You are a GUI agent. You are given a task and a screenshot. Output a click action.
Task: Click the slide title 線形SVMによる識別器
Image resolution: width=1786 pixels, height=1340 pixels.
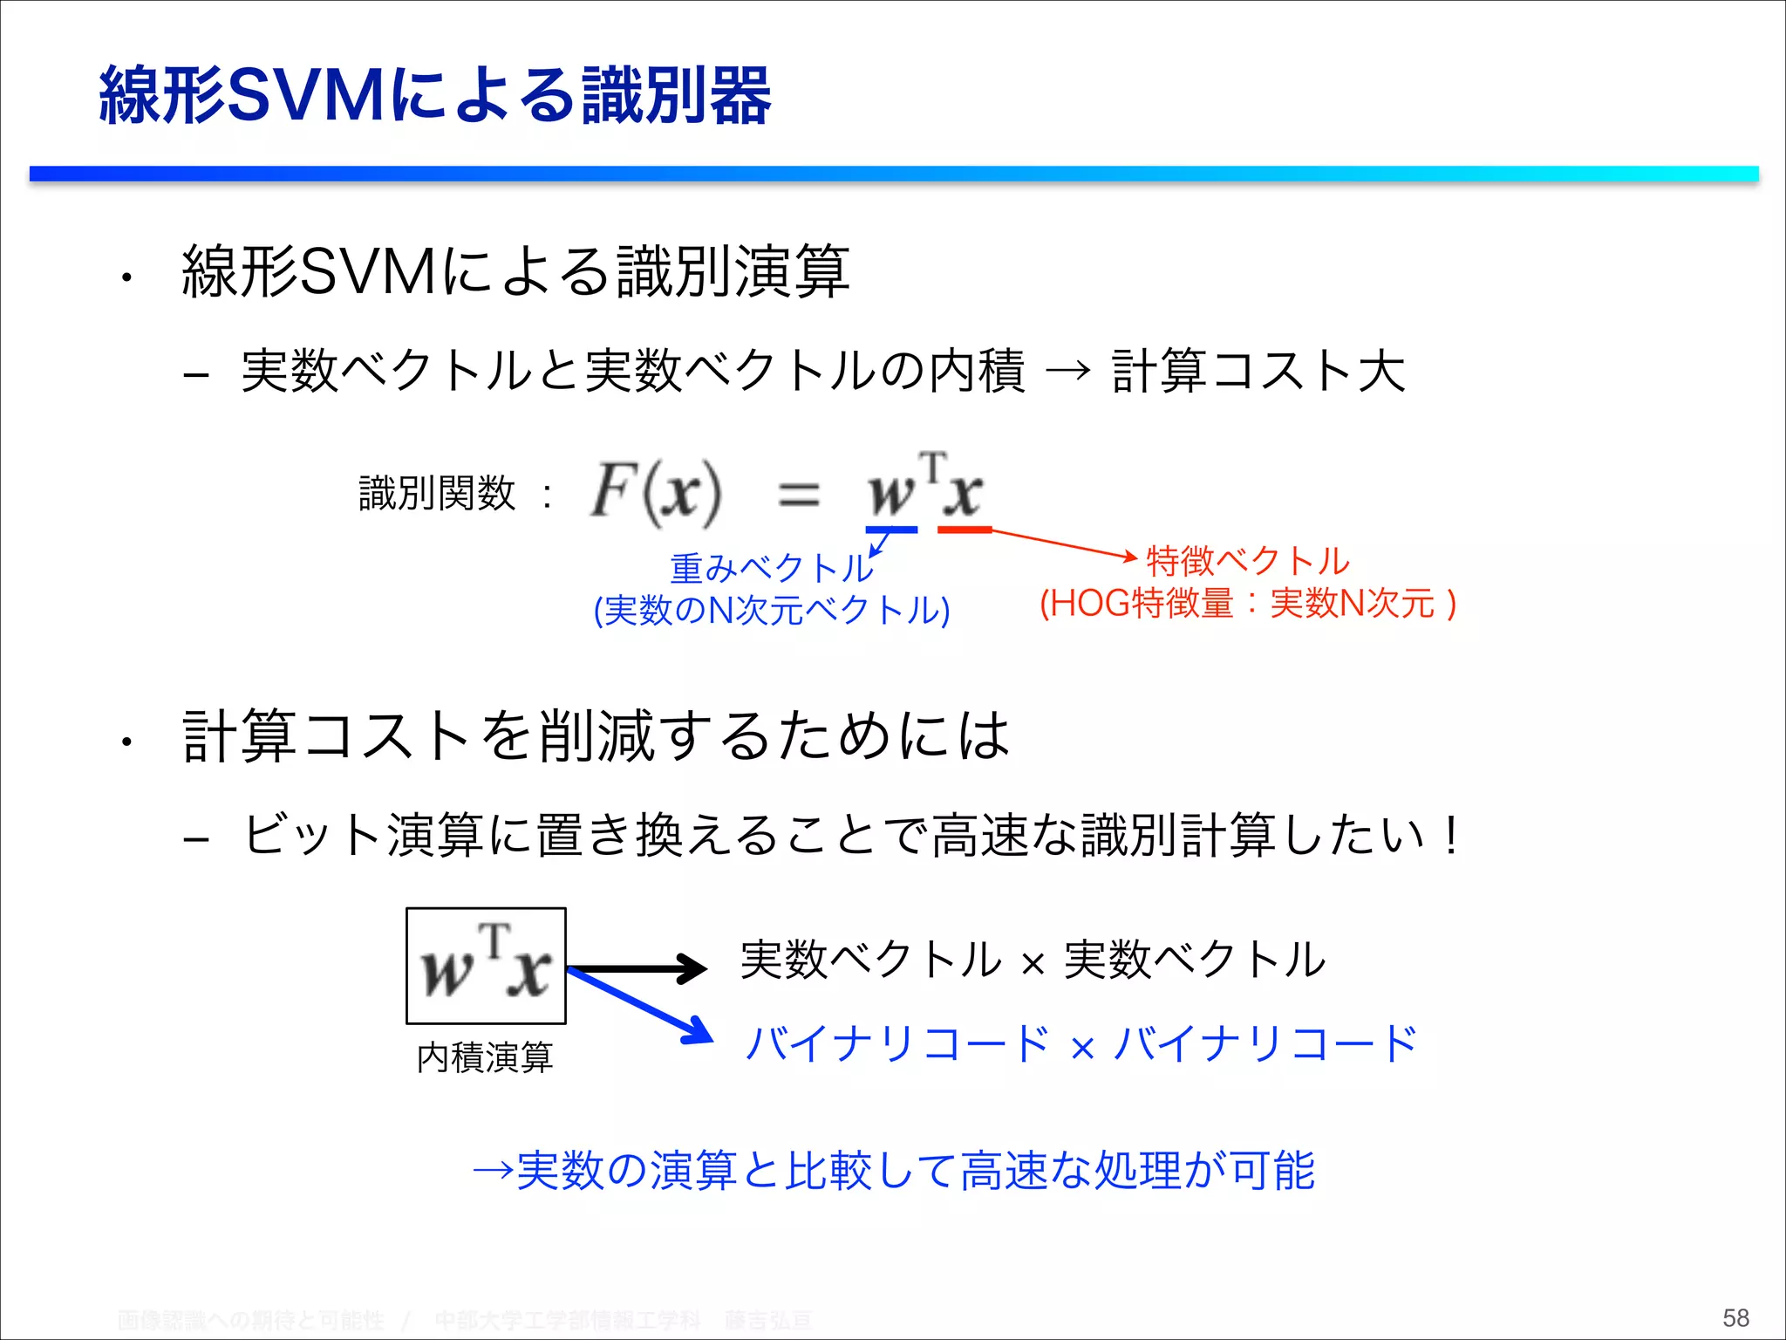pyautogui.click(x=434, y=96)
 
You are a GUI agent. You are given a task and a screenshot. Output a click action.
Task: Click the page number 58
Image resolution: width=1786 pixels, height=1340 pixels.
pyautogui.click(x=1735, y=1317)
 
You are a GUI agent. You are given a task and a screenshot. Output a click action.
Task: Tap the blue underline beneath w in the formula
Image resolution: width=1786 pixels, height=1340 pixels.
pyautogui.click(x=891, y=530)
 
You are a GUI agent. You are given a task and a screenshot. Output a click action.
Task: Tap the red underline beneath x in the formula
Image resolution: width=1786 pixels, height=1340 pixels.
pyautogui.click(x=965, y=530)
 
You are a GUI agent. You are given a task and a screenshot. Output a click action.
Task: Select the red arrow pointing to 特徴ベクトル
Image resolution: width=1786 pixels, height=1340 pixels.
pyautogui.click(x=1064, y=544)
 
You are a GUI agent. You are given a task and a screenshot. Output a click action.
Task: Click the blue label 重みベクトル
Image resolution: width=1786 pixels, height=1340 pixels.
pyautogui.click(x=771, y=569)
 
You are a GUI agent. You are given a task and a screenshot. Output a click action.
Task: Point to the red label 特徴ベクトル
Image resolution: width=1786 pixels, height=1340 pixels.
pyautogui.click(x=1248, y=561)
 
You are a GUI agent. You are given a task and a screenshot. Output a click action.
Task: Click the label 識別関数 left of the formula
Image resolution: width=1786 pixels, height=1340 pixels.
pyautogui.click(x=437, y=494)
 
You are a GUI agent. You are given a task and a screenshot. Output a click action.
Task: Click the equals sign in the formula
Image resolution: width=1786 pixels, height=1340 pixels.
pyautogui.click(x=798, y=496)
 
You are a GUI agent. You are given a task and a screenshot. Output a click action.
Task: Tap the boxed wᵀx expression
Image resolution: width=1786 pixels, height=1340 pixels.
pyautogui.click(x=486, y=966)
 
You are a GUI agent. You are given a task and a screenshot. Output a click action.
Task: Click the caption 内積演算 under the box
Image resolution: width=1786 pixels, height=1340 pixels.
pyautogui.click(x=485, y=1057)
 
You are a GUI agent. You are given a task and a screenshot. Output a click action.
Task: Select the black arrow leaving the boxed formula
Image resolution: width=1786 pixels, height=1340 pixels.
pyautogui.click(x=637, y=968)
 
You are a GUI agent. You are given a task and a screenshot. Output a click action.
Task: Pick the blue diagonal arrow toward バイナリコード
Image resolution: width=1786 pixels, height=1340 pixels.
pyautogui.click(x=641, y=1006)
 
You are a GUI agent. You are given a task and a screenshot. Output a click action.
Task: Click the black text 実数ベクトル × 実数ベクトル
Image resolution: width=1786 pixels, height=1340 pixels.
pyautogui.click(x=1033, y=961)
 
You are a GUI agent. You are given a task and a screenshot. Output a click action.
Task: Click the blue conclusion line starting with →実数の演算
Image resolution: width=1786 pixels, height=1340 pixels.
pyautogui.click(x=893, y=1171)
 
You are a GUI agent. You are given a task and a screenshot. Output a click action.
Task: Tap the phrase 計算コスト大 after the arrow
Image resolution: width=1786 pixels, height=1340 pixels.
pyautogui.click(x=1258, y=371)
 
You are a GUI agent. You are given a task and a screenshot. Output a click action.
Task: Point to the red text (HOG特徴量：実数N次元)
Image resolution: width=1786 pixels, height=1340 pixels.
pyautogui.click(x=1248, y=604)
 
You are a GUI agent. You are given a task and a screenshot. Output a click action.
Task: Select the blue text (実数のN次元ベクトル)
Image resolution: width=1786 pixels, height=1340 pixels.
pyautogui.click(x=771, y=610)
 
